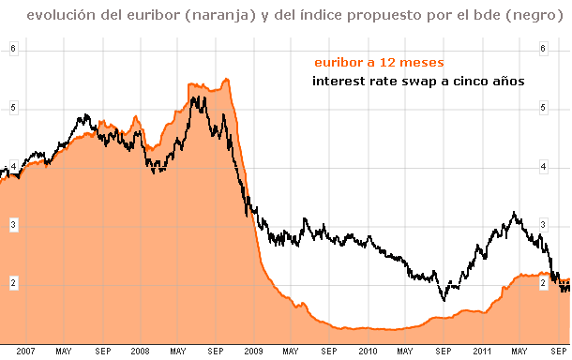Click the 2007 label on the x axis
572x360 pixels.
(25, 352)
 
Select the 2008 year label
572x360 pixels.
(139, 352)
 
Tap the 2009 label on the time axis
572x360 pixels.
(252, 352)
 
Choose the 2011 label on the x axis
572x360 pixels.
(481, 352)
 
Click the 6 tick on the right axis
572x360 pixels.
(543, 50)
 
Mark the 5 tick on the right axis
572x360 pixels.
(543, 108)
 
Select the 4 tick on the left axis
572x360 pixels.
(13, 166)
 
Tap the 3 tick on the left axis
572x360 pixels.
(13, 225)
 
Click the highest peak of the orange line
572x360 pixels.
(226, 79)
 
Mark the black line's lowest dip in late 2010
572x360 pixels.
(444, 299)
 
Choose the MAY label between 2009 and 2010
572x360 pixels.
(291, 352)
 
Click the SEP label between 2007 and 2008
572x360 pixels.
(101, 352)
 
